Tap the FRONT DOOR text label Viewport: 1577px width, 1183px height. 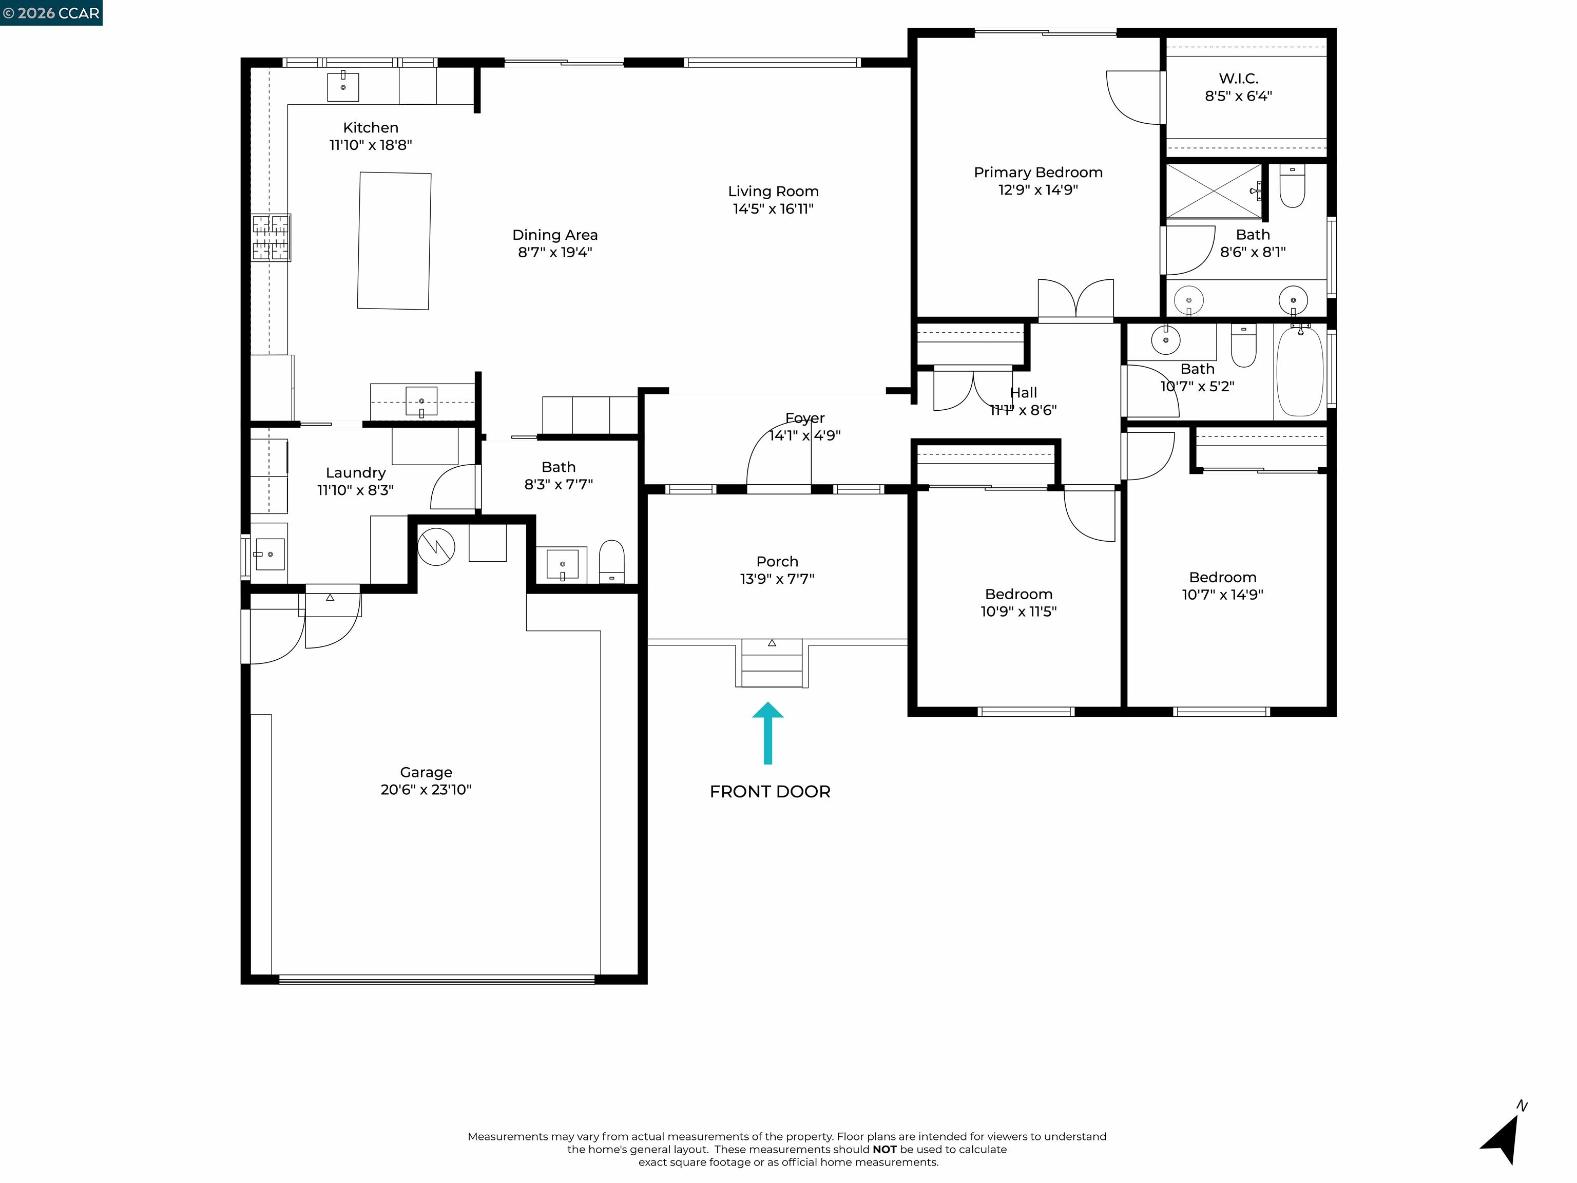click(x=770, y=792)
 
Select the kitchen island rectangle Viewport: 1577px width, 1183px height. click(x=394, y=241)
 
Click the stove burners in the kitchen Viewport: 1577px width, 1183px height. click(x=271, y=237)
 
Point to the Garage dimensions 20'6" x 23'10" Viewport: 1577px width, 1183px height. click(x=426, y=789)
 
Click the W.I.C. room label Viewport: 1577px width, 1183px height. click(x=1238, y=79)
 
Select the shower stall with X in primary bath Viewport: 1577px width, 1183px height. click(x=1214, y=191)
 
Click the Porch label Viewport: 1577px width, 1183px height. click(x=777, y=561)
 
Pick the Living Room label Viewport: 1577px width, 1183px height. click(x=773, y=191)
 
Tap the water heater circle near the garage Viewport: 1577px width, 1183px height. click(x=436, y=547)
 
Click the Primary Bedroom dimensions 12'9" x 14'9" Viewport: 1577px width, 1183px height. click(x=1038, y=189)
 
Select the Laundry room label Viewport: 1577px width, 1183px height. click(x=356, y=473)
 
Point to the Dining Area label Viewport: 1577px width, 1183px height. click(x=554, y=235)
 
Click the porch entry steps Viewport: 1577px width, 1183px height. click(x=772, y=663)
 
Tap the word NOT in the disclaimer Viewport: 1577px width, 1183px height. click(x=884, y=1150)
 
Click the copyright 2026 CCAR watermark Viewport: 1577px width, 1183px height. click(x=51, y=13)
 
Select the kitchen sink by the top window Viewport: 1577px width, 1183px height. click(x=343, y=86)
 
